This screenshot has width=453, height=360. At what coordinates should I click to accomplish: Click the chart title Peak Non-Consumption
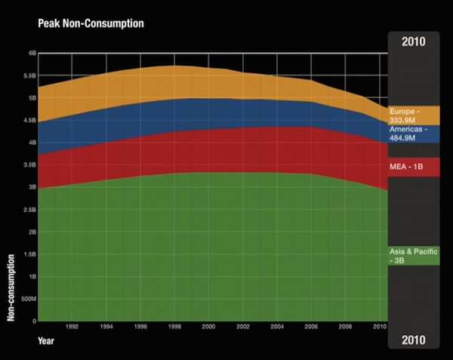91,23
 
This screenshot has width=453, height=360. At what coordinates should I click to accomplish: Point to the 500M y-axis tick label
29,300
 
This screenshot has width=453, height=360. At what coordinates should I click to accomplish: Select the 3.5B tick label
30,165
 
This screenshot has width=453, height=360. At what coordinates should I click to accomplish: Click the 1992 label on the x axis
72,327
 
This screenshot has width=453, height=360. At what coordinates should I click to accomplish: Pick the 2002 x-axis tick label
242,327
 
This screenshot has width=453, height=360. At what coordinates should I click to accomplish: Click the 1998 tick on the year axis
174,327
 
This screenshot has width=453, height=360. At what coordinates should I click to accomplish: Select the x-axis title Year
47,341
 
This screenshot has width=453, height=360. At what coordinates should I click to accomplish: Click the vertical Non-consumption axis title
11,287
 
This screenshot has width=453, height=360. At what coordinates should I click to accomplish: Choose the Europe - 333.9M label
408,115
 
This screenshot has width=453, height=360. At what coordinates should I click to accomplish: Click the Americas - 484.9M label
408,134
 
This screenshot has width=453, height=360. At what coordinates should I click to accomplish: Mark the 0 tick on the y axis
34,322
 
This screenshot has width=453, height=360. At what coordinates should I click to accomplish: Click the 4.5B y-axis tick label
30,120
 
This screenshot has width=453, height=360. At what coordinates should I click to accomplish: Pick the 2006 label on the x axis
310,327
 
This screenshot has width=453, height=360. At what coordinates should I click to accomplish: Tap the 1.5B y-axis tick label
30,254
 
